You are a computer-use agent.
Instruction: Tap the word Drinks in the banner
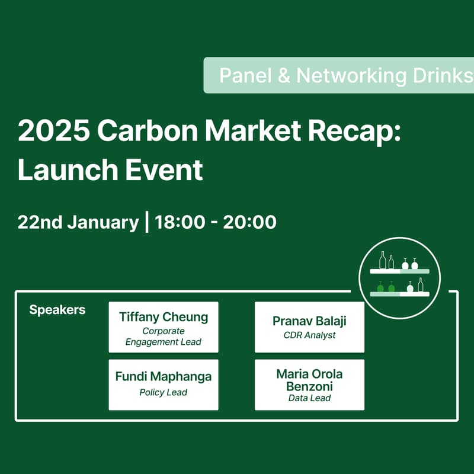coord(441,75)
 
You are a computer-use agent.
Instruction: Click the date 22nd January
coord(78,222)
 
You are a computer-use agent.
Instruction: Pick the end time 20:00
coord(250,222)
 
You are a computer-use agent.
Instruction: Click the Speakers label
coord(57,310)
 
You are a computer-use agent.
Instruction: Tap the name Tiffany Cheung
coord(164,316)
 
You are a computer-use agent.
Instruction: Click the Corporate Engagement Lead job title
coord(164,336)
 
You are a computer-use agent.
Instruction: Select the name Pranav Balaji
coord(309,321)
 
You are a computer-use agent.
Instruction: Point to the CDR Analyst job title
coord(309,335)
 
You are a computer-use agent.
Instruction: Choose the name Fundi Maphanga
coord(164,377)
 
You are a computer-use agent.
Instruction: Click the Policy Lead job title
coord(164,392)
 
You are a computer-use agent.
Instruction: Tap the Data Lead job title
coord(309,398)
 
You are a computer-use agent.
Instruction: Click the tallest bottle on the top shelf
coord(383,260)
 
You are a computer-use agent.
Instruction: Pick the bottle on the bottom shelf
coord(421,285)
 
